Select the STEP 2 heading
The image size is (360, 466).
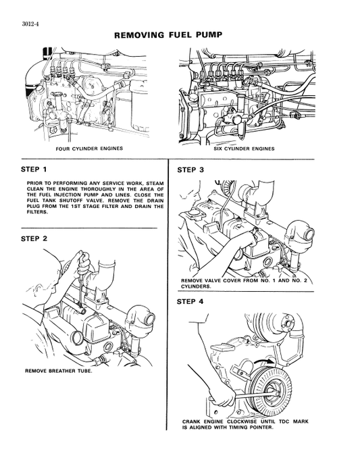pos(34,239)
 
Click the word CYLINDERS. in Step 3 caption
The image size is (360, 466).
pos(196,286)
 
